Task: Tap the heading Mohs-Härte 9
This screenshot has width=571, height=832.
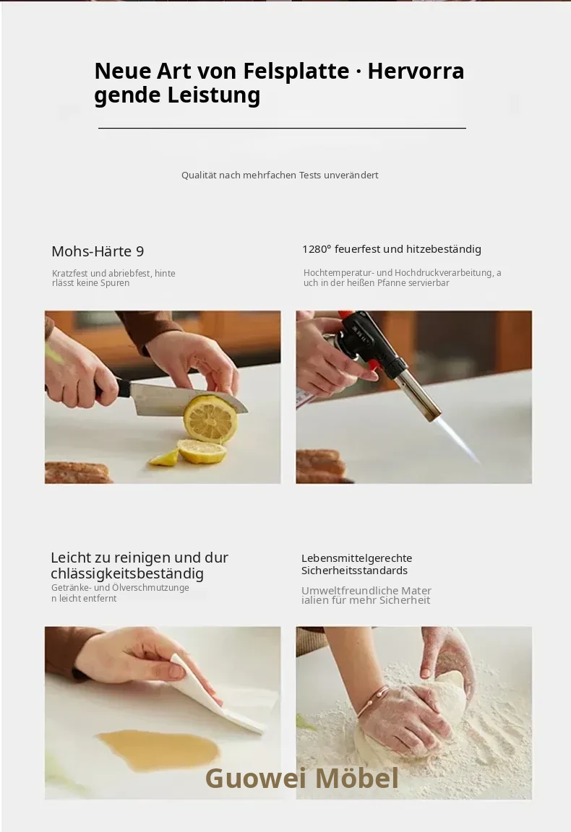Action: pos(98,251)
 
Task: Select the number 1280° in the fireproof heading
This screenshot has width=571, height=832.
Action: pos(317,249)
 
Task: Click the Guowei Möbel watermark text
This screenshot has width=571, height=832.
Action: pos(301,778)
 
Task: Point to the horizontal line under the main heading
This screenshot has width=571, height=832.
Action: pos(282,128)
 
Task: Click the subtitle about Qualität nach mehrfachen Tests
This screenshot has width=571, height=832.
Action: pos(280,175)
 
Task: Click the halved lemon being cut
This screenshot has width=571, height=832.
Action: pos(210,419)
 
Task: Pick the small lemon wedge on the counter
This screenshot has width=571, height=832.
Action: pos(164,457)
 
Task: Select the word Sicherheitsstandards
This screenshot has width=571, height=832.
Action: pos(354,571)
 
